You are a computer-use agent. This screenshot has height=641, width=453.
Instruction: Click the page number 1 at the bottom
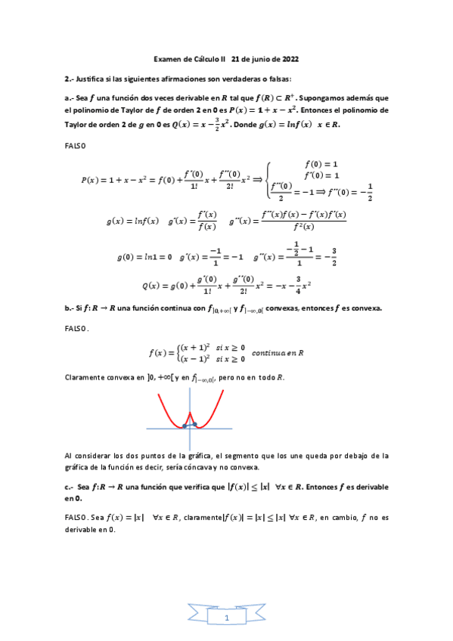tap(226, 618)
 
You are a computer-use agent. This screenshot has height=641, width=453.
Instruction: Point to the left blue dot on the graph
tap(185, 426)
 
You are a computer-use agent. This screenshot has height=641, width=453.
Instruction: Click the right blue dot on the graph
tap(195, 424)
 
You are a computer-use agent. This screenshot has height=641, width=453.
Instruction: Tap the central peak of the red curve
tap(190, 413)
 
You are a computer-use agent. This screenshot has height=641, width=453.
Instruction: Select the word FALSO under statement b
tap(76, 328)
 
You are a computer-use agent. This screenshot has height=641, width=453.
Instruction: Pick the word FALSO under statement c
tap(76, 518)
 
